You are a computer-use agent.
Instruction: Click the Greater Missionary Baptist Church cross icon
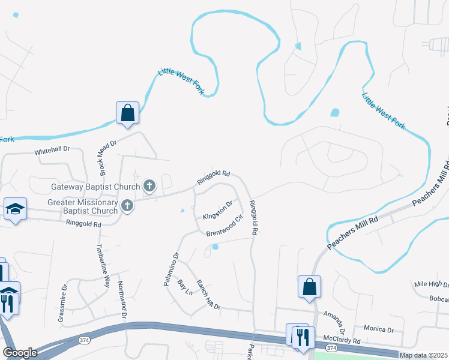[x=127, y=206]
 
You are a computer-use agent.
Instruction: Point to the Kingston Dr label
[x=217, y=210]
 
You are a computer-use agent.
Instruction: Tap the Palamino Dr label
[x=170, y=269]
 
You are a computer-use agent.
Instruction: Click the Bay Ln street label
[x=184, y=287]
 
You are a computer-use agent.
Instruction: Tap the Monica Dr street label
[x=379, y=329]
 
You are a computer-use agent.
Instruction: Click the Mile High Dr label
[x=431, y=284]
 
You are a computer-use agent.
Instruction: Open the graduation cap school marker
[x=15, y=209]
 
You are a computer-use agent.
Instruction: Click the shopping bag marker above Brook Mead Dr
[x=127, y=113]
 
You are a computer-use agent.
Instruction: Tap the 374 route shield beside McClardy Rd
[x=331, y=347]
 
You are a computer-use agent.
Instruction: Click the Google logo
[x=20, y=353]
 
